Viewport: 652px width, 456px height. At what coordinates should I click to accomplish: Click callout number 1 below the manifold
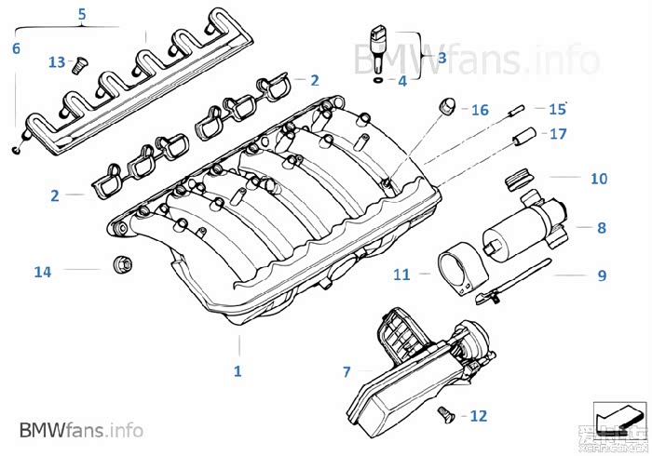click(x=238, y=371)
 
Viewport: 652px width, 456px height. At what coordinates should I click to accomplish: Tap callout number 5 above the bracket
click(x=81, y=15)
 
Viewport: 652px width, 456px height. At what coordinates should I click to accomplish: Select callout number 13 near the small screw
click(x=57, y=61)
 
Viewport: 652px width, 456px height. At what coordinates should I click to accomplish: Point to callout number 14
click(x=42, y=272)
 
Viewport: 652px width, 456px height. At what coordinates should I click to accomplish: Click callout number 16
click(x=480, y=110)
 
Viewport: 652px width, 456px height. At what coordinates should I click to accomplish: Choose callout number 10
click(x=598, y=177)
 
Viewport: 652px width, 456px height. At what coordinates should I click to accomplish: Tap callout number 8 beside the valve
click(x=601, y=226)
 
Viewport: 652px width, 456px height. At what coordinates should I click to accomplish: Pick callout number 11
click(x=401, y=275)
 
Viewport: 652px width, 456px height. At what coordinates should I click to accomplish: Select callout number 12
click(x=478, y=416)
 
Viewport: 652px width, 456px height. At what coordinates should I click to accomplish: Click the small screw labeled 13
click(x=79, y=65)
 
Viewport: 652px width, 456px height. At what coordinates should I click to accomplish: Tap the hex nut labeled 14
click(x=119, y=266)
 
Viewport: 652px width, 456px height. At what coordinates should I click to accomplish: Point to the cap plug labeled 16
click(x=446, y=105)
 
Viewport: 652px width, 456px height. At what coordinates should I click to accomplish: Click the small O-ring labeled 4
click(x=374, y=81)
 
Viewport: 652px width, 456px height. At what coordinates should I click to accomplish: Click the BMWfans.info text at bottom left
click(x=81, y=430)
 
